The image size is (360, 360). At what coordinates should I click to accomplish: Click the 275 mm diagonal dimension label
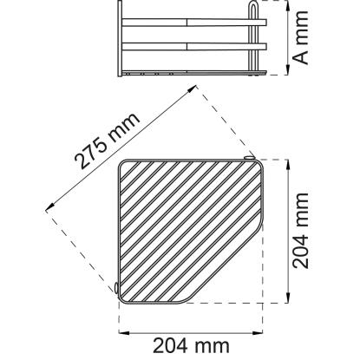[x=107, y=141]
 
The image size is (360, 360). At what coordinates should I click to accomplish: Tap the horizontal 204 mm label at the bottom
[x=191, y=346]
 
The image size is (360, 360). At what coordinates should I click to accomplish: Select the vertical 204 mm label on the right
[x=301, y=231]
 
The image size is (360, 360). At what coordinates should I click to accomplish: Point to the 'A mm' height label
[x=301, y=37]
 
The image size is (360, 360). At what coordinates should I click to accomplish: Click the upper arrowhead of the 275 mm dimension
[x=192, y=89]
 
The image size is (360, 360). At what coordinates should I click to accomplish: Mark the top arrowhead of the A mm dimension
[x=287, y=6]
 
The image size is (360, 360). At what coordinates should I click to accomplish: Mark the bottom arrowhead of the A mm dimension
[x=287, y=69]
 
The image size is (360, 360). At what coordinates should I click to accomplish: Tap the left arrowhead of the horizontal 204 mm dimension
[x=124, y=333]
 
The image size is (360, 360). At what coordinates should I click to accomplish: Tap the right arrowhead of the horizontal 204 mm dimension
[x=257, y=333]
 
